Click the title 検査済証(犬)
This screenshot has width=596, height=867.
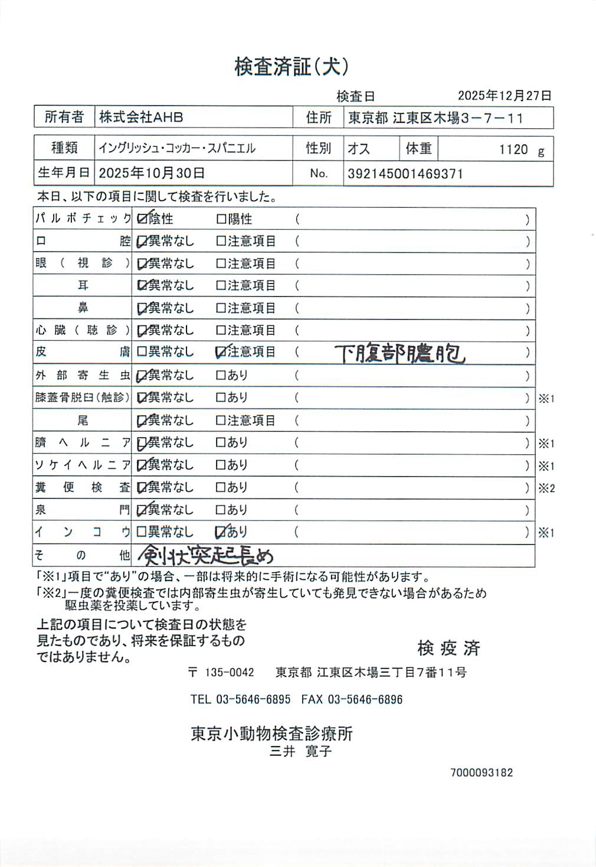291,67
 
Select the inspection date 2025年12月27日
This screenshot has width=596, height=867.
505,96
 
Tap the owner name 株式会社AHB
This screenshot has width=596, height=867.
141,117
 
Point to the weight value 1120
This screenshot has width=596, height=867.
513,149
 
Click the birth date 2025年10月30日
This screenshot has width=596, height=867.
152,173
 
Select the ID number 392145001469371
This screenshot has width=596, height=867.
405,174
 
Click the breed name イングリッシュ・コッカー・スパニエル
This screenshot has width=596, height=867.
177,148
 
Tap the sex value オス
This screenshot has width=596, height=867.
359,149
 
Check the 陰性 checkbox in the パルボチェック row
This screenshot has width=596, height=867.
142,219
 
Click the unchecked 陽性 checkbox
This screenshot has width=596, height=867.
221,220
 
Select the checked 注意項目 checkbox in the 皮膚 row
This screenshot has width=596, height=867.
221,353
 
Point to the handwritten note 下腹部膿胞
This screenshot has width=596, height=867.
400,353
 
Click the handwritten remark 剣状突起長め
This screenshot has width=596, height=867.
206,555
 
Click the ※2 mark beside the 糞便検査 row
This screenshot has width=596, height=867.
546,488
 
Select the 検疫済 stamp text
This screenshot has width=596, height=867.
448,648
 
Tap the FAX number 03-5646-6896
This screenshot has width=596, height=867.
365,700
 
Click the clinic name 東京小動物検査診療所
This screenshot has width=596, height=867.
271,734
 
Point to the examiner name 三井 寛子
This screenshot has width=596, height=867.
300,751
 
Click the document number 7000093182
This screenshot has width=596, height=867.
482,773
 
